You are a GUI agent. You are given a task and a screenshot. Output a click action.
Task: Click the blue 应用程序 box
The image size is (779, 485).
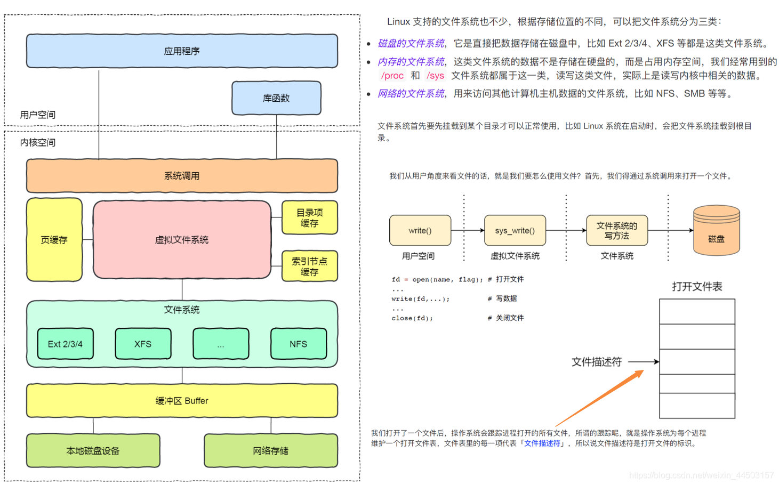pyautogui.click(x=182, y=51)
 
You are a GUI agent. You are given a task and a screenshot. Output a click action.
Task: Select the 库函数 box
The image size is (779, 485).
pyautogui.click(x=276, y=98)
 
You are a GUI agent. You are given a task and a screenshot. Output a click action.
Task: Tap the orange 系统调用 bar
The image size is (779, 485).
pyautogui.click(x=182, y=176)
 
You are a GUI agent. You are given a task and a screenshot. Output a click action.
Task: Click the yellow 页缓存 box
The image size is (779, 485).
pyautogui.click(x=54, y=240)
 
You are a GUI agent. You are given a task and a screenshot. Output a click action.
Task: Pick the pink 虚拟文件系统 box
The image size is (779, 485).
pyautogui.click(x=182, y=240)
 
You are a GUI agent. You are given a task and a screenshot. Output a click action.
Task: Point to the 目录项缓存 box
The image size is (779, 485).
pyautogui.click(x=309, y=218)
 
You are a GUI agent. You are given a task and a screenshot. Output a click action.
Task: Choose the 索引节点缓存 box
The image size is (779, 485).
pyautogui.click(x=309, y=266)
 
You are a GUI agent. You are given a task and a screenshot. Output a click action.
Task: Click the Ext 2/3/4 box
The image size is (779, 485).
pyautogui.click(x=65, y=344)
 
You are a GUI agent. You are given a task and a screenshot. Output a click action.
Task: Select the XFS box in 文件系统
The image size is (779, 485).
pyautogui.click(x=143, y=344)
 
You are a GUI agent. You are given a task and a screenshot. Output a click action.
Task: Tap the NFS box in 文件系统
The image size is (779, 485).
pyautogui.click(x=298, y=344)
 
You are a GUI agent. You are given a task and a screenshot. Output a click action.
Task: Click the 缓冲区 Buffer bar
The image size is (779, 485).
pyautogui.click(x=182, y=401)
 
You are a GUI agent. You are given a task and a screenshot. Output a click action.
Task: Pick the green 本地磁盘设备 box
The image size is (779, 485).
pyautogui.click(x=93, y=451)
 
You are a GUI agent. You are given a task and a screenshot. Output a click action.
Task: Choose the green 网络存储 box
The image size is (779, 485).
pyautogui.click(x=271, y=451)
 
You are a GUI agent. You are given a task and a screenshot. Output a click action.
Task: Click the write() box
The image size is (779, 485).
pyautogui.click(x=420, y=231)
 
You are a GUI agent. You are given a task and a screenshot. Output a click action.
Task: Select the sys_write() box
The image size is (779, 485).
pyautogui.click(x=515, y=231)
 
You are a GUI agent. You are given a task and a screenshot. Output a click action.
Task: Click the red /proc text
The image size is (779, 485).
pyautogui.click(x=392, y=76)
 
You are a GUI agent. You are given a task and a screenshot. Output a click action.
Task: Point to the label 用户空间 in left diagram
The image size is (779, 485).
pyautogui.click(x=38, y=115)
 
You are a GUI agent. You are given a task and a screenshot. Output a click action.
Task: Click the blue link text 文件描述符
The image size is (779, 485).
pyautogui.click(x=542, y=443)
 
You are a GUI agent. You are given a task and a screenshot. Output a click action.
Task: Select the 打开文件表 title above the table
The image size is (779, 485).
pyautogui.click(x=697, y=287)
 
